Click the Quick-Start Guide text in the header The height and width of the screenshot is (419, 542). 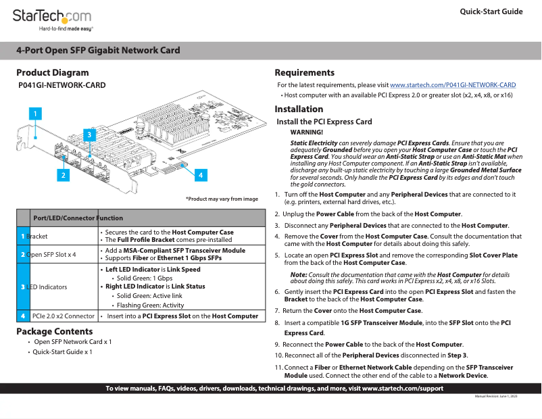click(x=491, y=11)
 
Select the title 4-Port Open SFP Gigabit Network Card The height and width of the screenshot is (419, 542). click(x=99, y=50)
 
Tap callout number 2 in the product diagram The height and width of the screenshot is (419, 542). click(x=63, y=175)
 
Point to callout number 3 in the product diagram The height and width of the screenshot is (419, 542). click(x=89, y=135)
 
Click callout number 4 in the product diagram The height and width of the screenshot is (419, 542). click(x=200, y=175)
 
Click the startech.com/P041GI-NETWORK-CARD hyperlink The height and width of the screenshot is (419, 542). click(x=453, y=85)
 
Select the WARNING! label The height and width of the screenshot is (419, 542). click(x=306, y=132)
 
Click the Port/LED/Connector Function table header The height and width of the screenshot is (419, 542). click(x=78, y=218)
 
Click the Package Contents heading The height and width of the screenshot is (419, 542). click(x=55, y=331)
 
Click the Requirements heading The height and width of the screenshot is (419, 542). click(x=304, y=72)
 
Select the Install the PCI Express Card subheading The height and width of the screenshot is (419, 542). click(x=324, y=122)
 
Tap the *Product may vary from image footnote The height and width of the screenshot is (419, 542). click(x=222, y=199)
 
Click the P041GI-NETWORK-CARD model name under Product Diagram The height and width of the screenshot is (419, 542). click(x=62, y=85)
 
